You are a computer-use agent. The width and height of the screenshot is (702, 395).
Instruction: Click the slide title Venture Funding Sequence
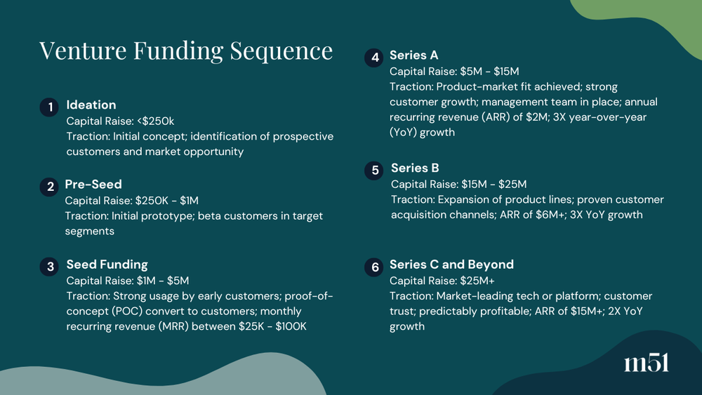186,51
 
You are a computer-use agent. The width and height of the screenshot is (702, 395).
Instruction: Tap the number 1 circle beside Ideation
48,107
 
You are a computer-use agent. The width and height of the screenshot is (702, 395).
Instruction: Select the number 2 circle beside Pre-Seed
48,187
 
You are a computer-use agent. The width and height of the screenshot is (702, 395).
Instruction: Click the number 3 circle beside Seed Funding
48,267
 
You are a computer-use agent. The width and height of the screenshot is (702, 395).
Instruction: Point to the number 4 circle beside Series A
373,58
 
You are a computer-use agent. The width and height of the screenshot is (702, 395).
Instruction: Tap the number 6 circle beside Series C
373,267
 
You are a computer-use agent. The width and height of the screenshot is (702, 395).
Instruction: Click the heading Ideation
91,105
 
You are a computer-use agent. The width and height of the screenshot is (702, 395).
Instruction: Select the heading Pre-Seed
93,185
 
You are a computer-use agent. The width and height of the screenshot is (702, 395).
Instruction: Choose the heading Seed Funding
107,265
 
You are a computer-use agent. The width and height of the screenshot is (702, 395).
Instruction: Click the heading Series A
413,55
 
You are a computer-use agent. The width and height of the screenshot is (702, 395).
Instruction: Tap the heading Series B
415,168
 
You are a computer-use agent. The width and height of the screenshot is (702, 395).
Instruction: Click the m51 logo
646,363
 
